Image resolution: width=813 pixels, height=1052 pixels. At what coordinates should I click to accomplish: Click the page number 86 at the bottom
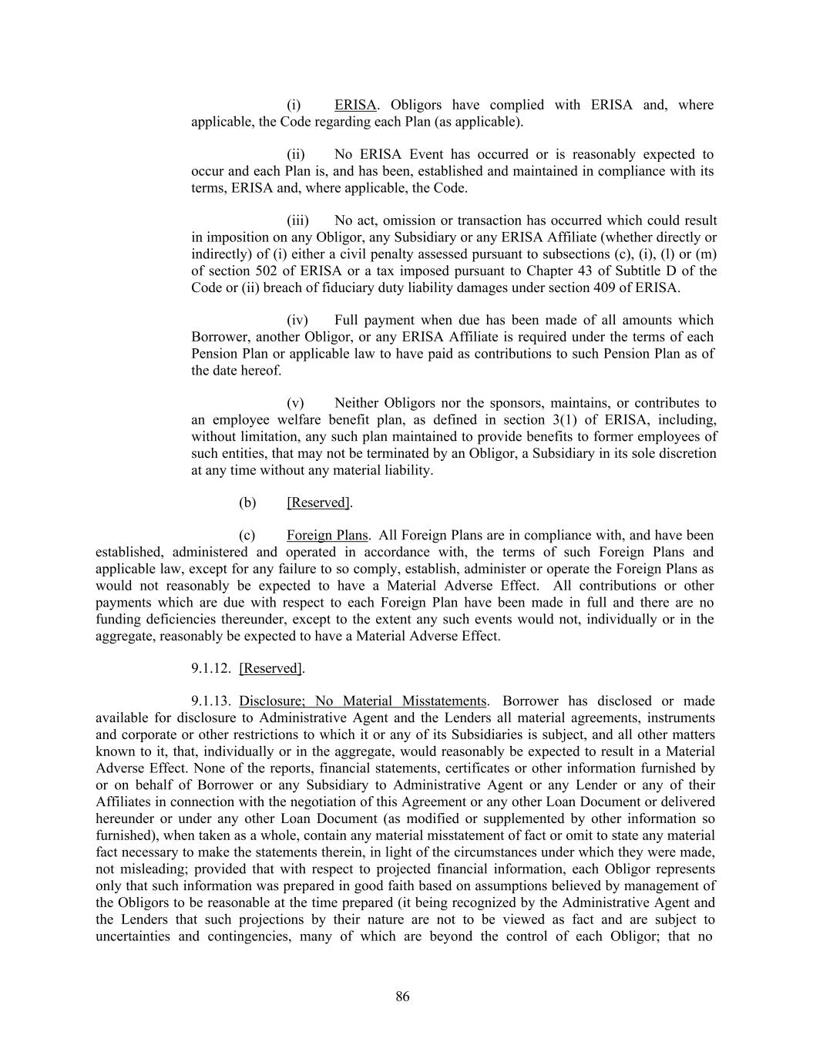point(402,997)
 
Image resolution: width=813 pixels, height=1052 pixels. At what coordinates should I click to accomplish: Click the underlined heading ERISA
point(355,105)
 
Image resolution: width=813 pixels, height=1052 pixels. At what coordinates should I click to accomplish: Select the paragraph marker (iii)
point(297,220)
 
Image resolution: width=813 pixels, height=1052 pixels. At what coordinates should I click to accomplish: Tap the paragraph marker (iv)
point(297,320)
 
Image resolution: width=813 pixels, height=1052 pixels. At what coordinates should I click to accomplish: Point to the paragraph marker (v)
point(295,403)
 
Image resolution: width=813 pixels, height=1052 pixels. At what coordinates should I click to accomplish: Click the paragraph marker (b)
point(247,502)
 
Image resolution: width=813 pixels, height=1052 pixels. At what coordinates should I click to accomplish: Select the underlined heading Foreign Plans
point(327,535)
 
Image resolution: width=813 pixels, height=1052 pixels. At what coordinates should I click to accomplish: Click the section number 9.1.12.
point(211,668)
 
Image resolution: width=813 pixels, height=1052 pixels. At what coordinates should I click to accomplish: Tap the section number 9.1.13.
point(211,701)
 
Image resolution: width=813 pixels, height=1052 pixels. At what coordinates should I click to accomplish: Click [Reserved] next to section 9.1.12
point(270,668)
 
